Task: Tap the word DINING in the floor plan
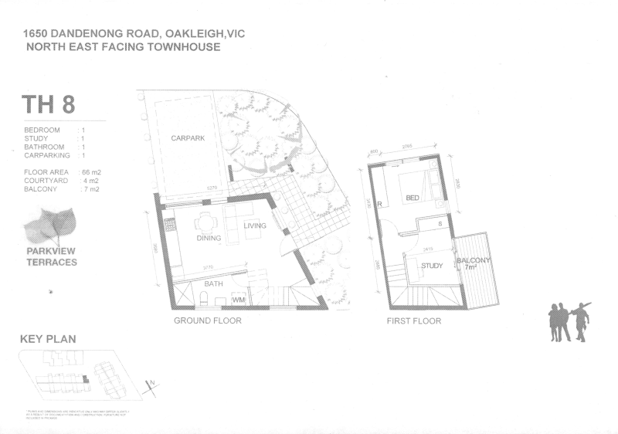209,238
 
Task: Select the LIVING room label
255,225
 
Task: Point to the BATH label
213,284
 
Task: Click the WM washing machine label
238,298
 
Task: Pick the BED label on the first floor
413,198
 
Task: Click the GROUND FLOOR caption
207,320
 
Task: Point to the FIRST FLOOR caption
414,320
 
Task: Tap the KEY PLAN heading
48,339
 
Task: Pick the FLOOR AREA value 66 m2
92,171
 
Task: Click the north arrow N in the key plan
152,381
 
